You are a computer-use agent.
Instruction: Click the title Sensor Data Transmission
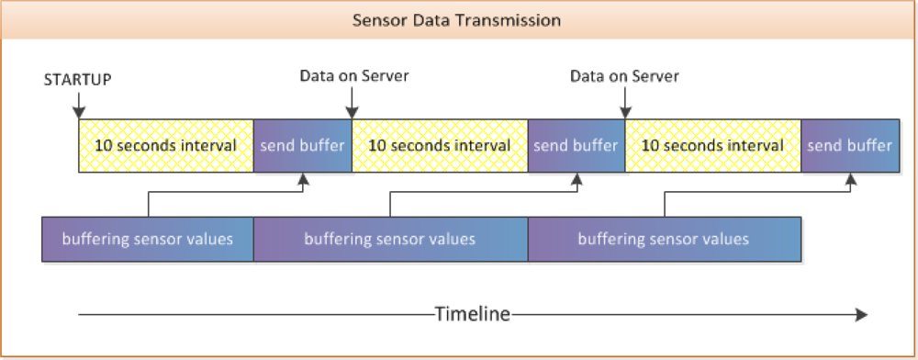point(456,19)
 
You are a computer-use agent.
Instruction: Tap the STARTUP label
point(78,79)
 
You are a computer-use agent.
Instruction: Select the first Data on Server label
point(353,75)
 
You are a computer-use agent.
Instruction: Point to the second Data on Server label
point(624,75)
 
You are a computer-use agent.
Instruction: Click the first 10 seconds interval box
point(165,145)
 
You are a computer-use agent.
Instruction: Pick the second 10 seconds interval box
point(439,145)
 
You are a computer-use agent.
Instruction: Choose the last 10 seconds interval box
point(712,145)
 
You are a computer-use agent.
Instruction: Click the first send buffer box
point(302,145)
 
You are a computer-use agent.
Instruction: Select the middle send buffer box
point(576,145)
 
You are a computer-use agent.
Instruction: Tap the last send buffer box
point(849,145)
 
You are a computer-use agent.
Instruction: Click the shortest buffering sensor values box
point(147,239)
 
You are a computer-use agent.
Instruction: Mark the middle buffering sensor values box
point(390,239)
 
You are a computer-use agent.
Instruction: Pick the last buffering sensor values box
point(664,239)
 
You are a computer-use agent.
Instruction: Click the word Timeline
point(472,314)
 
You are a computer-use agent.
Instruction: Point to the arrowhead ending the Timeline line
point(861,314)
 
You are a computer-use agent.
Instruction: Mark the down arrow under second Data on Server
point(623,110)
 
